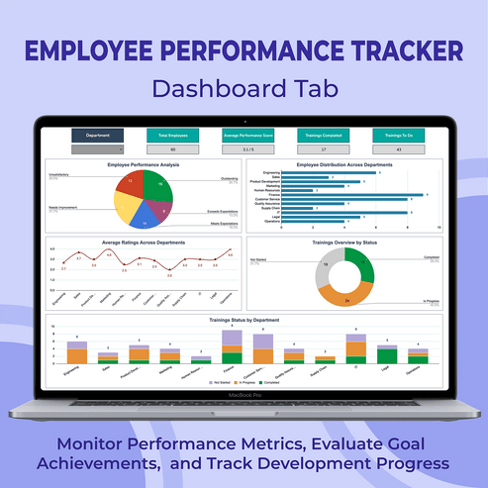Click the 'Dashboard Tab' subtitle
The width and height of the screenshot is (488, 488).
click(244, 89)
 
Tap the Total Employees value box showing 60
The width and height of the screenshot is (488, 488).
click(173, 149)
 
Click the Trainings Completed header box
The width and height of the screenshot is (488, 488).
click(320, 136)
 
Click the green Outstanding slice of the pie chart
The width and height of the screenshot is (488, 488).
click(157, 185)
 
